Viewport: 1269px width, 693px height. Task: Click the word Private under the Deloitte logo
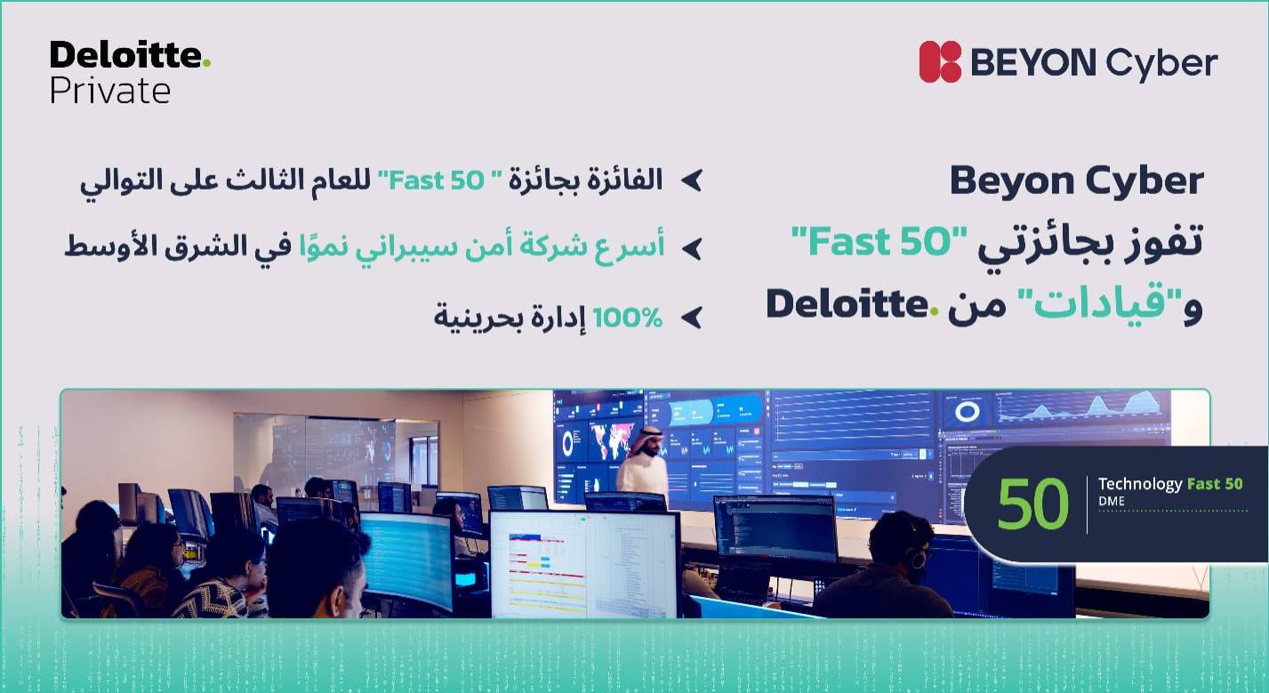pyautogui.click(x=110, y=91)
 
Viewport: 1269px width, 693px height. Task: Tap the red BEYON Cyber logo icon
pyautogui.click(x=940, y=62)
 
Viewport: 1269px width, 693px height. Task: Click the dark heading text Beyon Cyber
pyautogui.click(x=1076, y=181)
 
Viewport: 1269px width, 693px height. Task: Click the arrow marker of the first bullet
pyautogui.click(x=691, y=181)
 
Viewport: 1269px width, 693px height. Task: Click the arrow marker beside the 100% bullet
pyautogui.click(x=691, y=317)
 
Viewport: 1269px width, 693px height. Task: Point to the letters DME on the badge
pyautogui.click(x=1111, y=502)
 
